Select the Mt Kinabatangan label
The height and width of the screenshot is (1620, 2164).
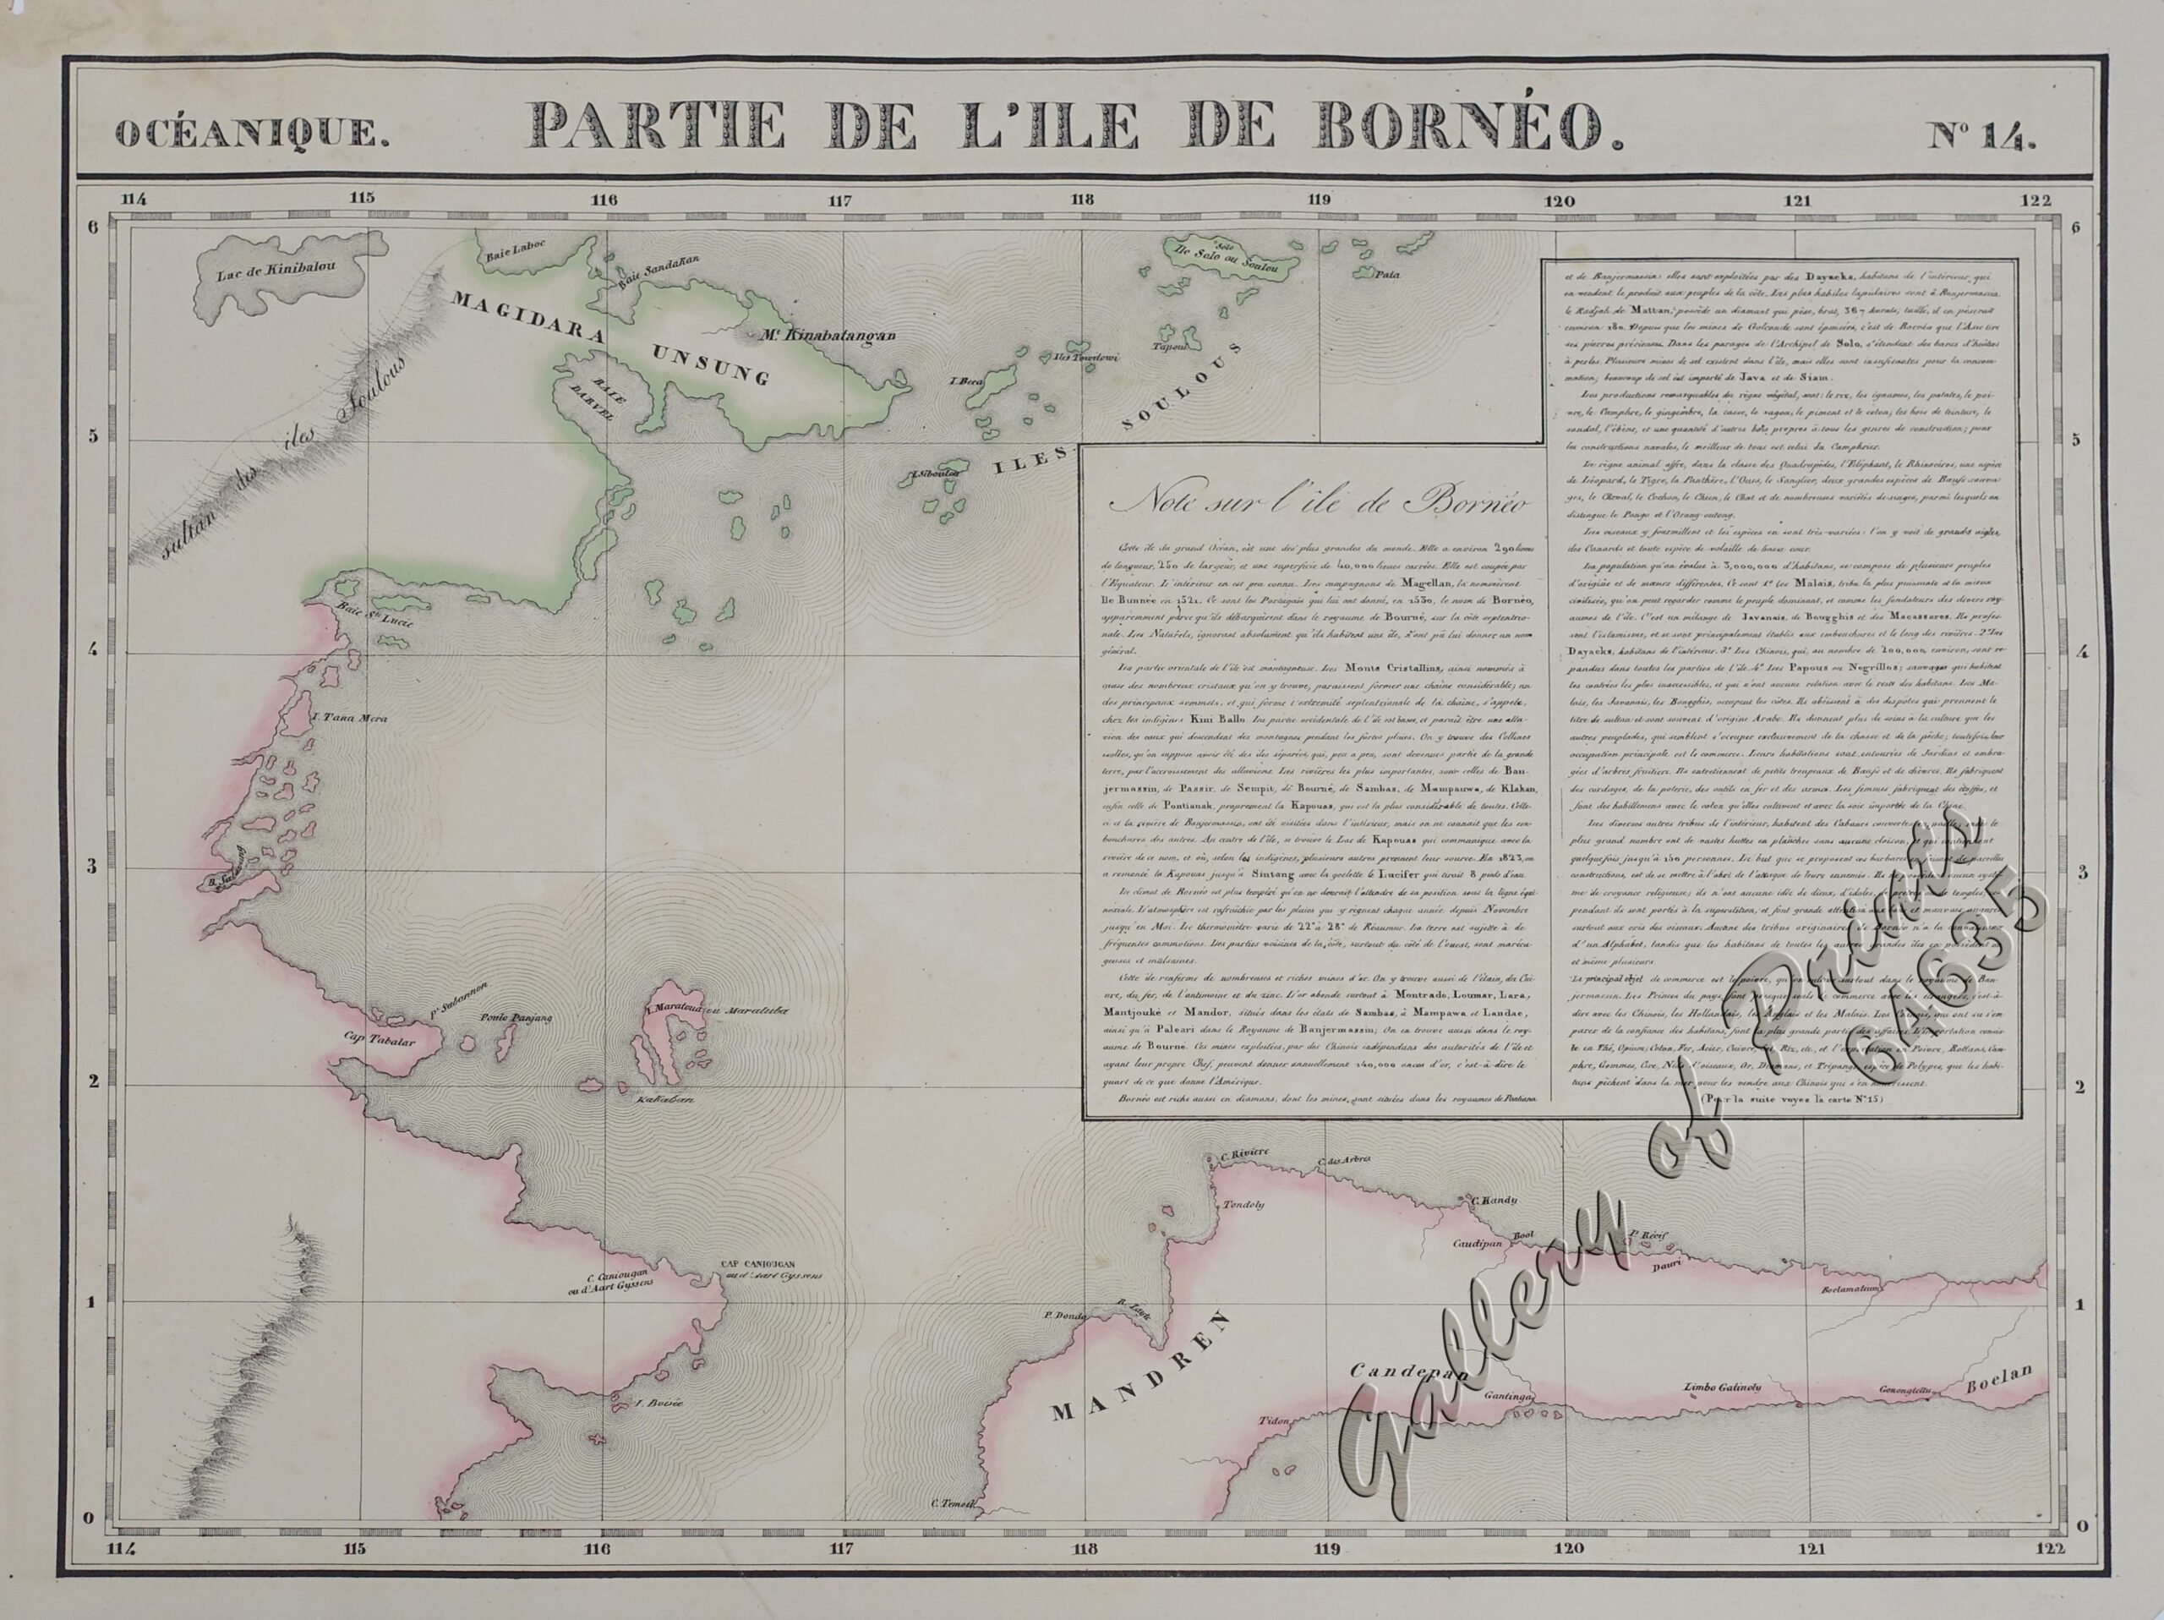[x=828, y=336]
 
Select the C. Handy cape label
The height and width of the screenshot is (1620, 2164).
[x=1493, y=1199]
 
